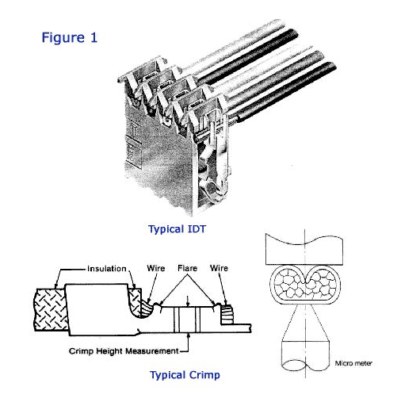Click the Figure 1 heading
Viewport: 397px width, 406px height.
[70, 37]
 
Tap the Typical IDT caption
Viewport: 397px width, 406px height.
[177, 229]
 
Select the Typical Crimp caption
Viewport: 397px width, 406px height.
[185, 375]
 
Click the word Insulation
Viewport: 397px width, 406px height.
[107, 269]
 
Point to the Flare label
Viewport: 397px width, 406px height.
[187, 268]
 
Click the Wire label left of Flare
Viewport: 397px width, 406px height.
[156, 268]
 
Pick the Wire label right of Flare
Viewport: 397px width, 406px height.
[219, 268]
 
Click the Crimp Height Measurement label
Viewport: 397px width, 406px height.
[124, 351]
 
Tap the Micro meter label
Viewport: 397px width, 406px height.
[353, 363]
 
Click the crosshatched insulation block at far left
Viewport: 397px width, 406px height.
[51, 309]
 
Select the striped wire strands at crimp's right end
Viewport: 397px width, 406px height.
[227, 314]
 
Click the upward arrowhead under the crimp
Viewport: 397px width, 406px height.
[188, 335]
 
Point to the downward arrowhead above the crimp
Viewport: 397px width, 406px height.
[187, 304]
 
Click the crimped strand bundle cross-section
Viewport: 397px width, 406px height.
[305, 285]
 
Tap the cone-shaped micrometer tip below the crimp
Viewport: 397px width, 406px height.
[305, 323]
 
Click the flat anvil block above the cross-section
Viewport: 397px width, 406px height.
[304, 249]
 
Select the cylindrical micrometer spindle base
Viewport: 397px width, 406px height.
[305, 356]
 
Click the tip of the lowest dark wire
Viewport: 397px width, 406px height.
[332, 67]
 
